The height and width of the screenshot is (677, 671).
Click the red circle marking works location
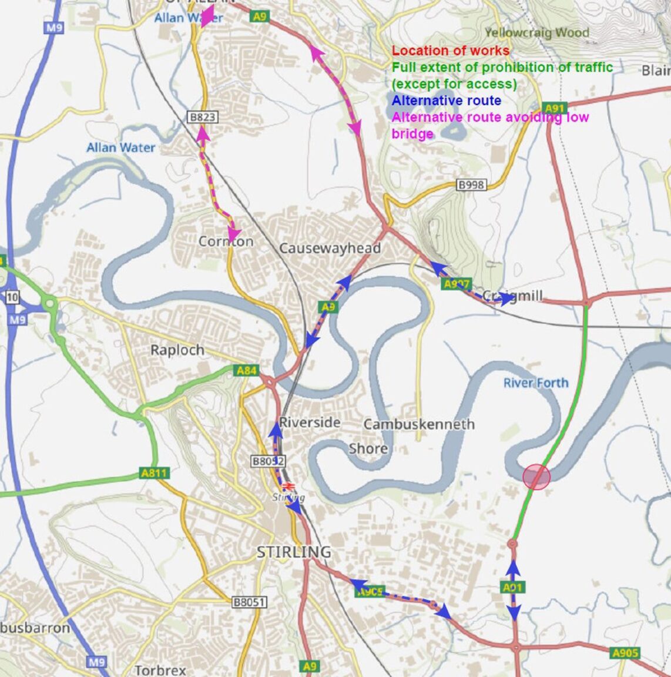coord(536,477)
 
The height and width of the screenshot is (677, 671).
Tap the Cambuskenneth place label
coord(418,424)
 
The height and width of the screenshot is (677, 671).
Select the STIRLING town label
coord(294,552)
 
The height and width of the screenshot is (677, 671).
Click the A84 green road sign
coord(246,370)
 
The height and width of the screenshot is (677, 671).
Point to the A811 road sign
coord(155,472)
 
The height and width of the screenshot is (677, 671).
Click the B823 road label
coord(202,117)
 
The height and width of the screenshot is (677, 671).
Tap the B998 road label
coord(471,185)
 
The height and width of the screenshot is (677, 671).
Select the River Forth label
coord(536,383)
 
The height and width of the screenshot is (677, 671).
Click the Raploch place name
coord(177,350)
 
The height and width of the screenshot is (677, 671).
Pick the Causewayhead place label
coord(330,248)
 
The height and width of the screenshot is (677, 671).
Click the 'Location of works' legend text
coord(451,51)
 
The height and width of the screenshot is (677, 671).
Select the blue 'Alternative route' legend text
coord(446,100)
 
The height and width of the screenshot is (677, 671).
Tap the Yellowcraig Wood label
coord(537,32)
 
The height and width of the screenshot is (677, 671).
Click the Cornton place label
coord(226,241)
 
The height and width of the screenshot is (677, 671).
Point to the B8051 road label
coord(249,602)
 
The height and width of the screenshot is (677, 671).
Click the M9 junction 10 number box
coord(13,297)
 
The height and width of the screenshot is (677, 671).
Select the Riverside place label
coord(310,423)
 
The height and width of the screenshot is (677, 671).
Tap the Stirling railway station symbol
coord(288,487)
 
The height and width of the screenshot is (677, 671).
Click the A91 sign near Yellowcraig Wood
coord(555,108)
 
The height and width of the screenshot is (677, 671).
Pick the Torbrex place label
coord(160,670)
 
